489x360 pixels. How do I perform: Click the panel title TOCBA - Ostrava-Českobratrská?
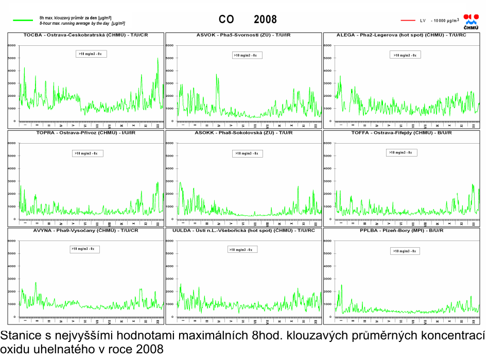(86, 35)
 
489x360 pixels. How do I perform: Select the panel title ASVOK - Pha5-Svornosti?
(243, 35)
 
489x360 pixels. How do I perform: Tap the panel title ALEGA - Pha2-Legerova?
(401, 35)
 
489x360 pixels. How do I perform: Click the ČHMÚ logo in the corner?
(471, 22)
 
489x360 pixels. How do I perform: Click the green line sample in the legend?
(23, 21)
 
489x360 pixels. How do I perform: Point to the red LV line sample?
(408, 21)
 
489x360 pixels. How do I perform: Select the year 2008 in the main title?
(265, 20)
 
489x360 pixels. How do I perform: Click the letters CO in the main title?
(226, 20)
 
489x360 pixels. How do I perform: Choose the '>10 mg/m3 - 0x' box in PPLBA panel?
(404, 251)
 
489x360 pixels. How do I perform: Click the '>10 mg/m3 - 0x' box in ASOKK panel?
(249, 153)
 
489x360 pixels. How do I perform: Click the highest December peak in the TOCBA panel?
(158, 58)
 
